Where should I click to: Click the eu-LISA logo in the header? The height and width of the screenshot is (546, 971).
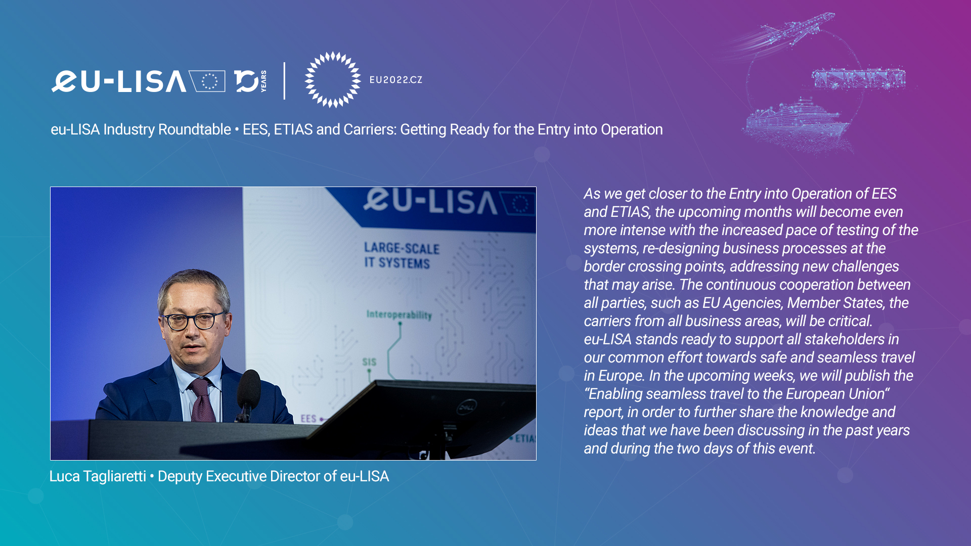138,81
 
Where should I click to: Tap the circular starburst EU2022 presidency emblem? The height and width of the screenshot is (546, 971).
333,79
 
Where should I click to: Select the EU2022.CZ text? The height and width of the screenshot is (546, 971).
396,80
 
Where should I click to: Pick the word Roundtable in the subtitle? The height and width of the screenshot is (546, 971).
195,129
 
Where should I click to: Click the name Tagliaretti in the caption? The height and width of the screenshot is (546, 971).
115,476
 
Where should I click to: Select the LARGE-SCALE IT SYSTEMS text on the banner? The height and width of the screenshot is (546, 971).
402,255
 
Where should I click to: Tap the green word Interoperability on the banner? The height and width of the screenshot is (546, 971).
399,315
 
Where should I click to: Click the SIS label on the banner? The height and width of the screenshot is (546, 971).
369,362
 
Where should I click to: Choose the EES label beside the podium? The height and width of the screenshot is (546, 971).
308,419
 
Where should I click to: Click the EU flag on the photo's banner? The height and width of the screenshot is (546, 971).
518,204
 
